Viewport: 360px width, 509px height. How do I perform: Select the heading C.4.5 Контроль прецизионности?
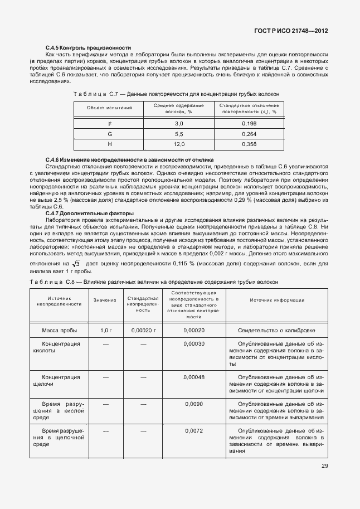click(88, 49)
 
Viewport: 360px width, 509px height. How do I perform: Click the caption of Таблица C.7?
click(173, 94)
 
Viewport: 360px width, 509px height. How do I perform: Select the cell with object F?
click(109, 123)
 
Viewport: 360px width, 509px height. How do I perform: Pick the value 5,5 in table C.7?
click(178, 134)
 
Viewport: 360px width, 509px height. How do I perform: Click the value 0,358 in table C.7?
click(249, 144)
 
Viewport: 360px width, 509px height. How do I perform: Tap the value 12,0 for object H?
click(178, 144)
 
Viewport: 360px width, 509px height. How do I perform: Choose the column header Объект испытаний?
click(109, 108)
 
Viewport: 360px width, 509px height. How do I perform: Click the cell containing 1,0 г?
click(105, 331)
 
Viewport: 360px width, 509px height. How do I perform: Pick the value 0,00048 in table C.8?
click(194, 377)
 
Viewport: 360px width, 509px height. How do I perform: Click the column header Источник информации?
click(277, 300)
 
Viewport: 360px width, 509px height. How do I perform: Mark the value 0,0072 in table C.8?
click(194, 431)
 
